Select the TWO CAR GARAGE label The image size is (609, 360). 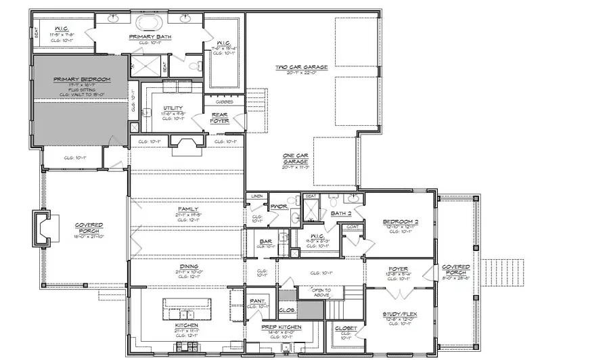301,67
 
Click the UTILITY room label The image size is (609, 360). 172,108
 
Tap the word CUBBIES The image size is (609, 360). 225,102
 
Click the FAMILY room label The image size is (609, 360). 187,209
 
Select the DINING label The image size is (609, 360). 188,267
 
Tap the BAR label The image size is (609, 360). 266,241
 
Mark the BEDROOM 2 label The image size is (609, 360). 398,221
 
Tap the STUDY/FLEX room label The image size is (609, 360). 398,314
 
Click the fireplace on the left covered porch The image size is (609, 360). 42,228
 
